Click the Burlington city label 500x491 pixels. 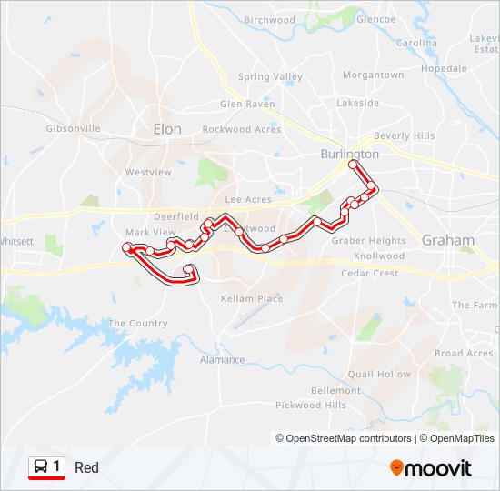coord(350,155)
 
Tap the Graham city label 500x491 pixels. coord(448,241)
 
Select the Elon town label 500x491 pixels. coord(167,129)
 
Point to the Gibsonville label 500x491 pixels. coord(73,128)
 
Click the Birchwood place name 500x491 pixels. coord(270,20)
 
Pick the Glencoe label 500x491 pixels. coord(375,19)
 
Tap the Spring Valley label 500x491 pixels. coord(270,77)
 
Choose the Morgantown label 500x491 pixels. coord(374,75)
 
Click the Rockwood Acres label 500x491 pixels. coord(241,130)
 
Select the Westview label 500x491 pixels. coord(148,172)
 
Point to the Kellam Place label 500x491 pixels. coord(252,298)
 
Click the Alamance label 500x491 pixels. coord(222,360)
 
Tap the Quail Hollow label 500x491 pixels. coord(379,374)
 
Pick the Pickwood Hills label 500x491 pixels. coord(311,406)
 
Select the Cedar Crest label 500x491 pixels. coord(369,273)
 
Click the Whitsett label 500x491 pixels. coord(16,242)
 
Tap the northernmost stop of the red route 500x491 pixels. coord(353,165)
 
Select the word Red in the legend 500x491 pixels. coord(87,468)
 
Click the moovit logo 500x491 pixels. coord(431,468)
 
